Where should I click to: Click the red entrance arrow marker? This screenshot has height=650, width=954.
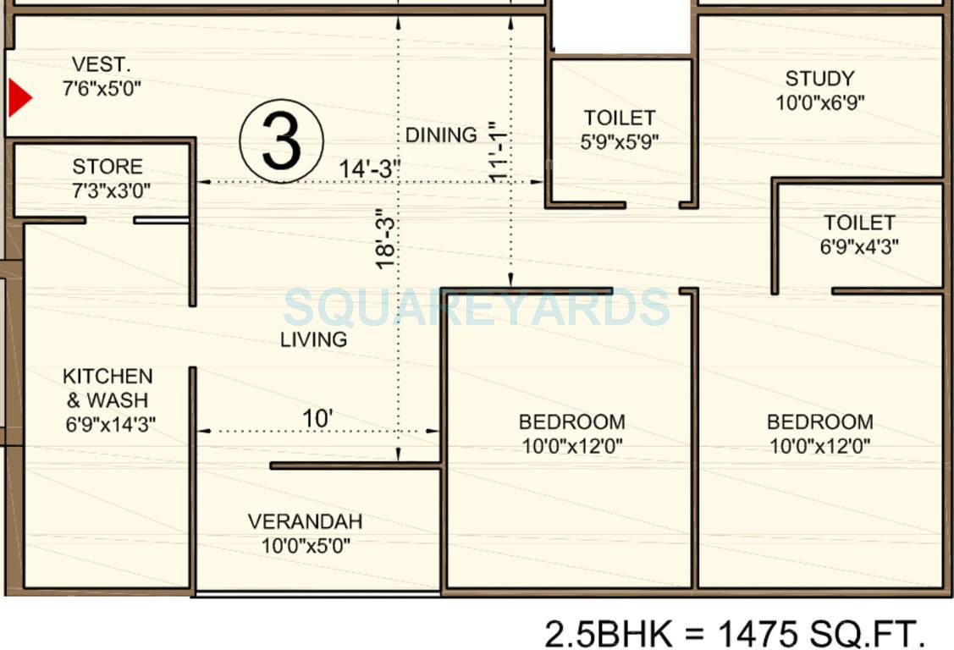19,98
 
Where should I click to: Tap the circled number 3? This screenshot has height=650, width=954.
281,141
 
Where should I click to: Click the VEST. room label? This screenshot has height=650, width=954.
101,64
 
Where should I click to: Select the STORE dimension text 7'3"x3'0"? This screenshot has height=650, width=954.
107,190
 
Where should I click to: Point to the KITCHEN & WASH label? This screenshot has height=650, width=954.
108,388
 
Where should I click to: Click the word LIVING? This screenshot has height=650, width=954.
314,339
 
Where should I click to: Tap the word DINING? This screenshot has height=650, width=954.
440,135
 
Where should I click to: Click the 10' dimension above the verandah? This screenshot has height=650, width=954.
317,418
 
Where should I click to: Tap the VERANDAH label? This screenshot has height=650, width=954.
305,521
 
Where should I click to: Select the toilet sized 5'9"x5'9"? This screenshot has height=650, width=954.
620,129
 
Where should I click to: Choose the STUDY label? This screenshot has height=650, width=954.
819,79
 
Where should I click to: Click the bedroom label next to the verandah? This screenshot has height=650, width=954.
571,421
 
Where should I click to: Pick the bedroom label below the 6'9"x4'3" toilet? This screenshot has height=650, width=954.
819,421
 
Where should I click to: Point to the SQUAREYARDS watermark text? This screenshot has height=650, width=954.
477,307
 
